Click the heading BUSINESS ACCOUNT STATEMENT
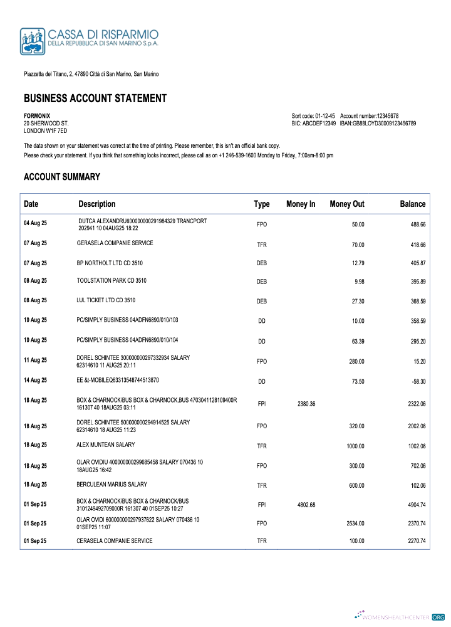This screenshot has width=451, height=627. (95, 98)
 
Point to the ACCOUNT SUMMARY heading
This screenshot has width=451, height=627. (62, 177)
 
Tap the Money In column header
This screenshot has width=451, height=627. (301, 204)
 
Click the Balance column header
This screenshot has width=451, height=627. (412, 204)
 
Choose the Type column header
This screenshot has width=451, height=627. (262, 204)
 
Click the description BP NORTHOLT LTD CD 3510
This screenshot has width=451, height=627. (110, 263)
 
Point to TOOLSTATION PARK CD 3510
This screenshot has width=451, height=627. (111, 280)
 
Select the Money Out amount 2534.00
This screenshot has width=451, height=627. (355, 523)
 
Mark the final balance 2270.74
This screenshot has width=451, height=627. (413, 541)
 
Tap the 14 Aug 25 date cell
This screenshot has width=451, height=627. (35, 380)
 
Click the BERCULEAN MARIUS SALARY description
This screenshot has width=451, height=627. (111, 485)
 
